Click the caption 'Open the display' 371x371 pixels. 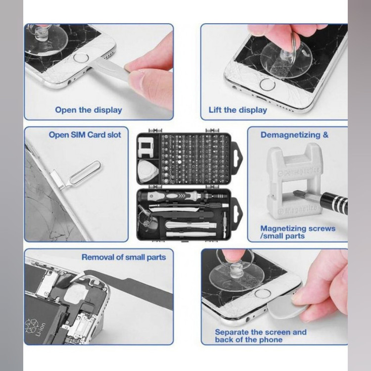click(89, 110)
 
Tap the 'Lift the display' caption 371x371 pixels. click(238, 110)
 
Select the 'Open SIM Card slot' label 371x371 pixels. click(85, 135)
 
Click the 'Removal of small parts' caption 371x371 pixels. click(124, 257)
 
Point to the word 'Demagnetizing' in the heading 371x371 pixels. click(290, 135)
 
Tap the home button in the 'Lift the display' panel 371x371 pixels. click(267, 85)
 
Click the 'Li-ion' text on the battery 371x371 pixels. click(40, 330)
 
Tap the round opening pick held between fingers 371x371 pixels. click(287, 308)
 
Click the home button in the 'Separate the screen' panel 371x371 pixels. click(262, 293)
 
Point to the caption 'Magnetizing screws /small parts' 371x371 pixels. click(298, 232)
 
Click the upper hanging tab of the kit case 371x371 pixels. click(236, 159)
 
